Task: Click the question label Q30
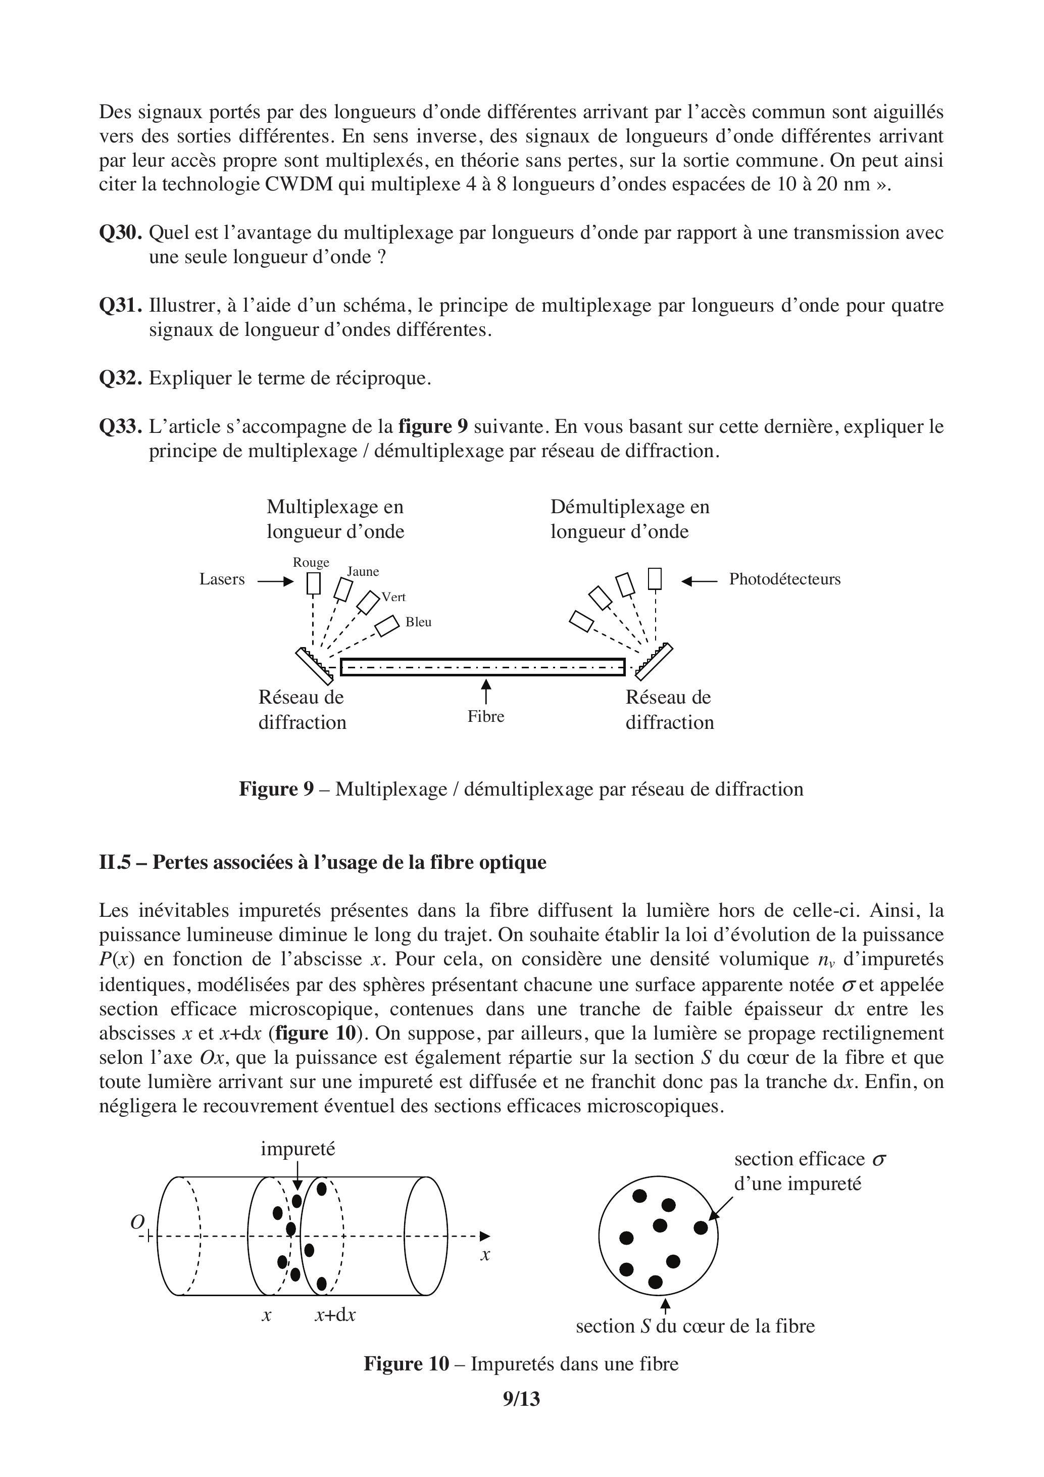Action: [x=120, y=233]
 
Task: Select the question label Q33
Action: [x=120, y=426]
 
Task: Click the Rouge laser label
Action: [x=311, y=562]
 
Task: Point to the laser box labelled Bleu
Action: [x=387, y=626]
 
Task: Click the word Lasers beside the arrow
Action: [x=222, y=579]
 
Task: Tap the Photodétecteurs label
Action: [x=784, y=579]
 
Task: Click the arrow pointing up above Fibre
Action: [x=486, y=692]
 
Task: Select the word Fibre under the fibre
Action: [x=486, y=717]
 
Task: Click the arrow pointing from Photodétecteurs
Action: [x=699, y=581]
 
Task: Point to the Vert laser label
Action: [x=393, y=597]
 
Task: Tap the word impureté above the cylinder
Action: [x=298, y=1149]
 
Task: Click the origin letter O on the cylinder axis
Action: [x=137, y=1222]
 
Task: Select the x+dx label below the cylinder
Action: [x=335, y=1314]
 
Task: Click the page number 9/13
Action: [x=521, y=1399]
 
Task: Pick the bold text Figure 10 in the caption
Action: [x=406, y=1364]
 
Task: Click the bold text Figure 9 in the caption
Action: [x=276, y=790]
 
